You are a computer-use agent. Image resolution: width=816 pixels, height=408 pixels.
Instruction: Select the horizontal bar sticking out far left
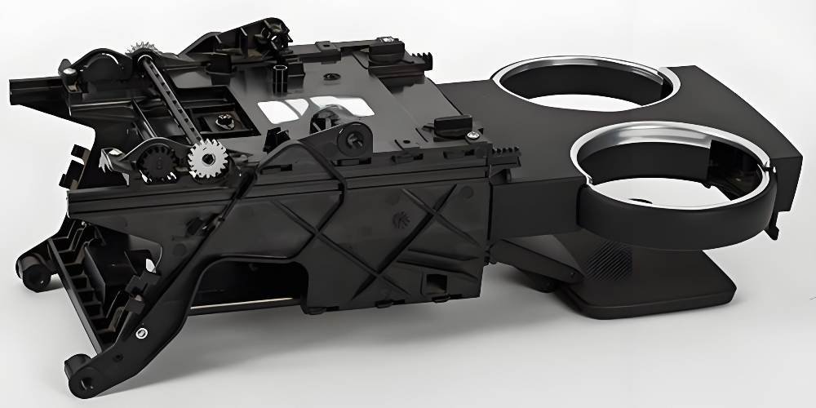(33, 85)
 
